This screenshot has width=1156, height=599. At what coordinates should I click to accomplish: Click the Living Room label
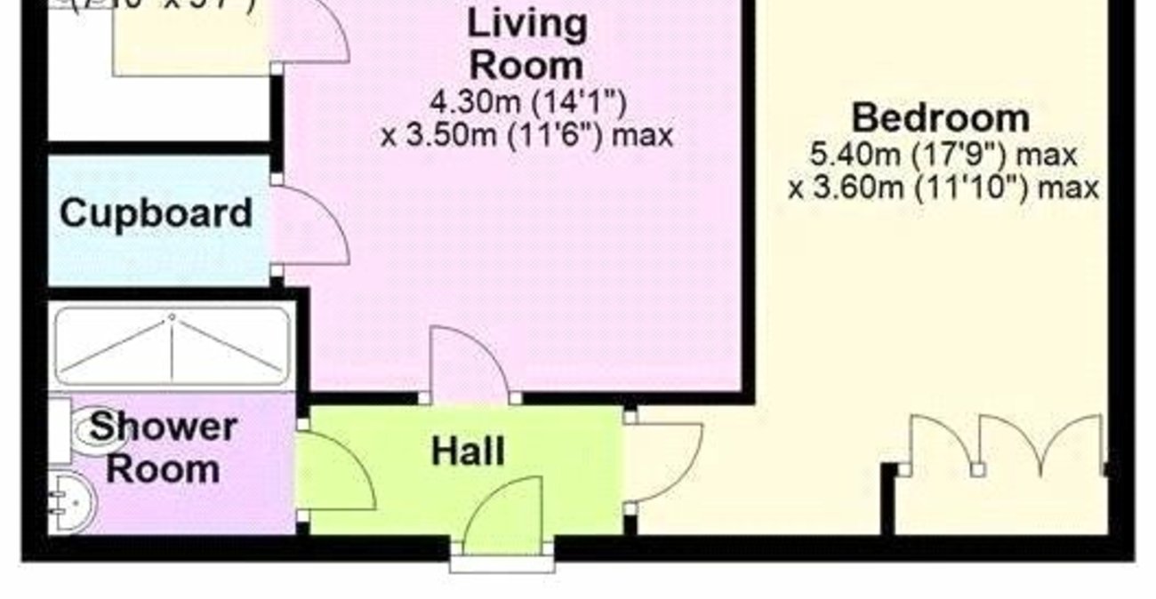(526, 44)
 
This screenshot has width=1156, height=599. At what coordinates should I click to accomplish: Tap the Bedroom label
(941, 117)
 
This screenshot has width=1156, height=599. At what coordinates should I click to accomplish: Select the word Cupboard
(156, 214)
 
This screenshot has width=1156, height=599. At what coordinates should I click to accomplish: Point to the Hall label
(468, 451)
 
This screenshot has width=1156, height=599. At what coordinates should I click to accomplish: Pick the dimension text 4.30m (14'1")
(526, 102)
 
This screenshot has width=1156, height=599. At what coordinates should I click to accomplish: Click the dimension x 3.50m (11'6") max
(526, 136)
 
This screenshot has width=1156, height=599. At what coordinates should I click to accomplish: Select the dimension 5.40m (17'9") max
(943, 155)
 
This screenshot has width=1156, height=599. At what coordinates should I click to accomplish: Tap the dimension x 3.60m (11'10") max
(943, 188)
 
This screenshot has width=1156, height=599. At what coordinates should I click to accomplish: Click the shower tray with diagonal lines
(172, 345)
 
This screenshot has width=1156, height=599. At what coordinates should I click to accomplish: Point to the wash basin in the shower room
(69, 503)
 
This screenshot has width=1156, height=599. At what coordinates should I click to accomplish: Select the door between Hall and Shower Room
(333, 471)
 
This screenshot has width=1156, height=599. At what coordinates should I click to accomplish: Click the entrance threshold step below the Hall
(502, 563)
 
